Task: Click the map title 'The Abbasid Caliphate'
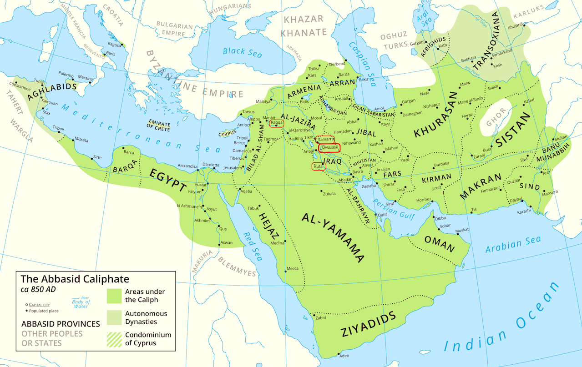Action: [75, 279]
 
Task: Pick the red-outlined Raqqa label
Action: [277, 123]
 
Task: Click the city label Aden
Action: [344, 356]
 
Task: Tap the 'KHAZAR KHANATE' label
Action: [304, 26]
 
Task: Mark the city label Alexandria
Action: [187, 166]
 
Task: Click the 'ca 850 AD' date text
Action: [38, 289]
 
